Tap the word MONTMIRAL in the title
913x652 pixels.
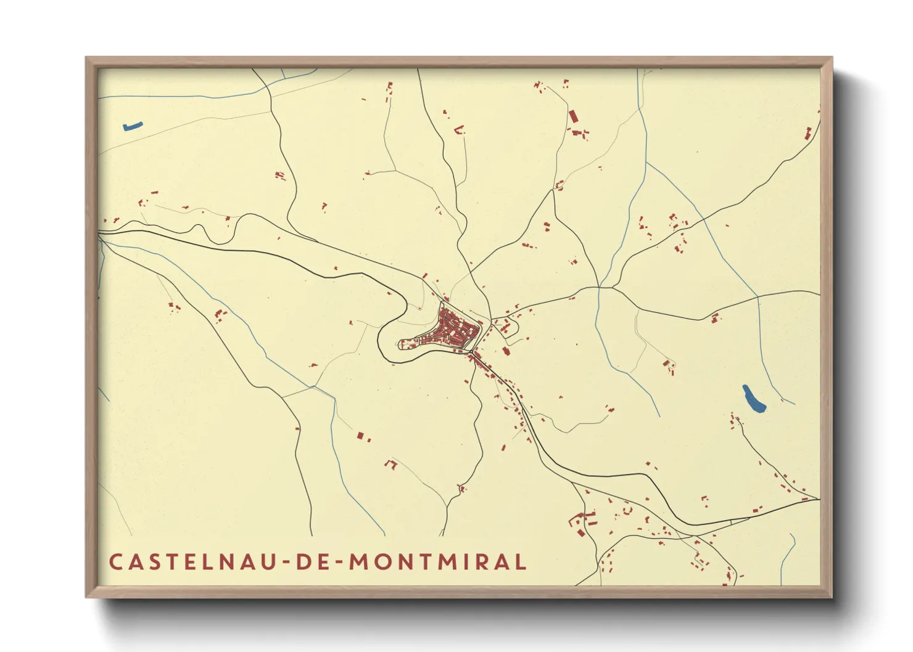click(438, 562)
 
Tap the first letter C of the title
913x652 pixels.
click(115, 562)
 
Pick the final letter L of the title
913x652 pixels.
click(521, 562)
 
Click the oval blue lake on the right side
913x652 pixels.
click(753, 399)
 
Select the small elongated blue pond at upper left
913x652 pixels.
click(133, 126)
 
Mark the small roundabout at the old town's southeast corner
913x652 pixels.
click(472, 352)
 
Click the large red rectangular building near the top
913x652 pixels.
click(573, 116)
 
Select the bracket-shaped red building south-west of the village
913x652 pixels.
click(390, 463)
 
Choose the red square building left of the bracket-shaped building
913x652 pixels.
click(360, 436)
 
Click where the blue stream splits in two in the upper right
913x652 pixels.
click(646, 163)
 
